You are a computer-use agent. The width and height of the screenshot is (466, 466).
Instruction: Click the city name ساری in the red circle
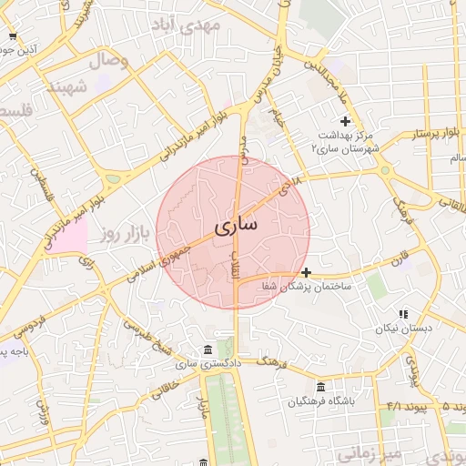(x=235, y=223)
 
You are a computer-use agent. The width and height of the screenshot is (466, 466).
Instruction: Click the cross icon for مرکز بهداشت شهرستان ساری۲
(x=345, y=121)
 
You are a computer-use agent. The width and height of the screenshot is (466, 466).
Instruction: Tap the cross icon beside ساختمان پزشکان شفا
(x=306, y=271)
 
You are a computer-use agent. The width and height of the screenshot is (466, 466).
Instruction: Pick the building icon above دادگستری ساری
(x=209, y=350)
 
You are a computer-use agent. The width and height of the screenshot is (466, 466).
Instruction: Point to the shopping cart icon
(x=12, y=36)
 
